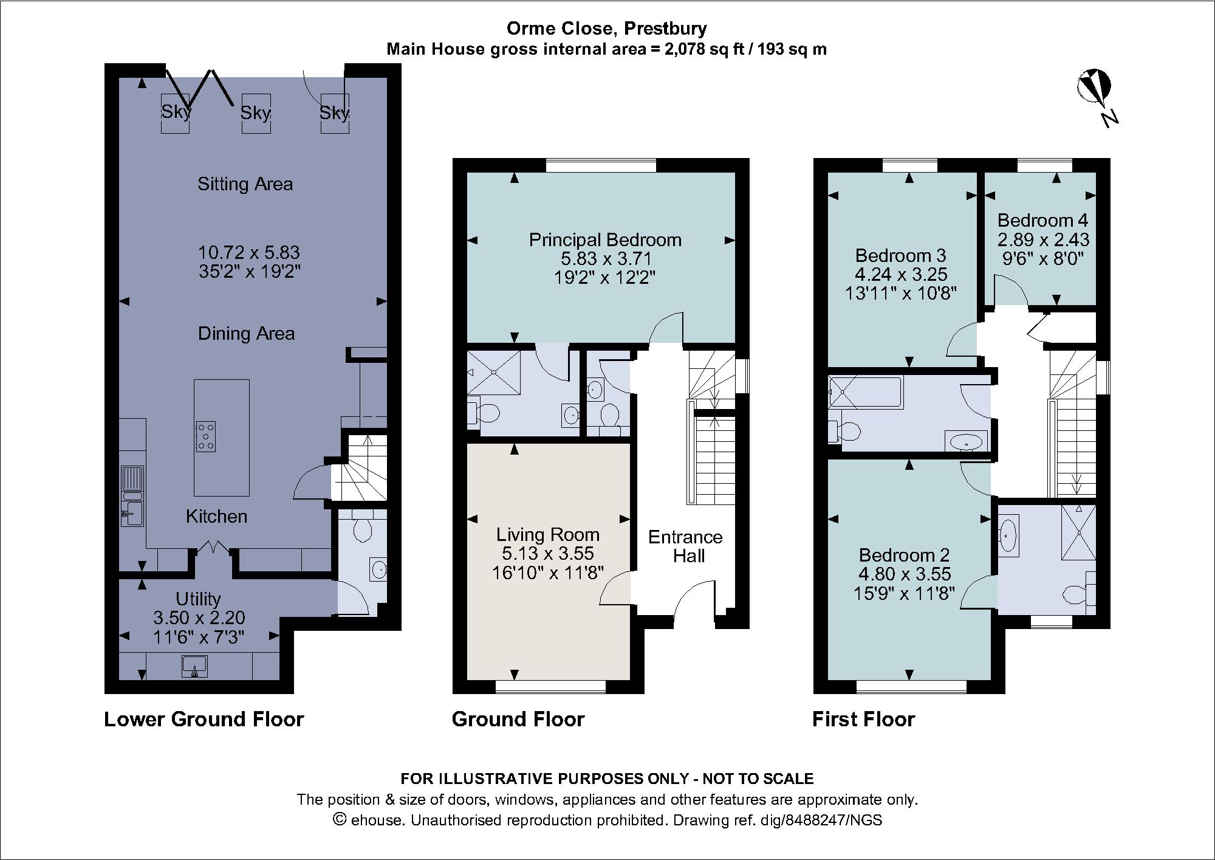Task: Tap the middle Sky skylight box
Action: [x=256, y=113]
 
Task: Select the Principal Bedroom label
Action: [x=605, y=240]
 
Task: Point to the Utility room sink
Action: [x=194, y=666]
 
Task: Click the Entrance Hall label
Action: [x=685, y=546]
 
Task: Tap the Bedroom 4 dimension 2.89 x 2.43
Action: [x=1043, y=239]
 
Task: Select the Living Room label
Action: [x=547, y=534]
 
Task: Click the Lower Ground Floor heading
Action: [x=204, y=719]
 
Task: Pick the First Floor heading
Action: [x=863, y=719]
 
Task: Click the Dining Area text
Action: [x=246, y=333]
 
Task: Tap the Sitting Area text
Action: [x=245, y=184]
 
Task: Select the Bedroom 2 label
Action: [x=904, y=555]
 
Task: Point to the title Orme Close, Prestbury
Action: [x=606, y=28]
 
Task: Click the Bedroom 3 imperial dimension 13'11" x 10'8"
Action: [x=901, y=294]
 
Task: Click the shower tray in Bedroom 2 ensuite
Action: [x=1078, y=532]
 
